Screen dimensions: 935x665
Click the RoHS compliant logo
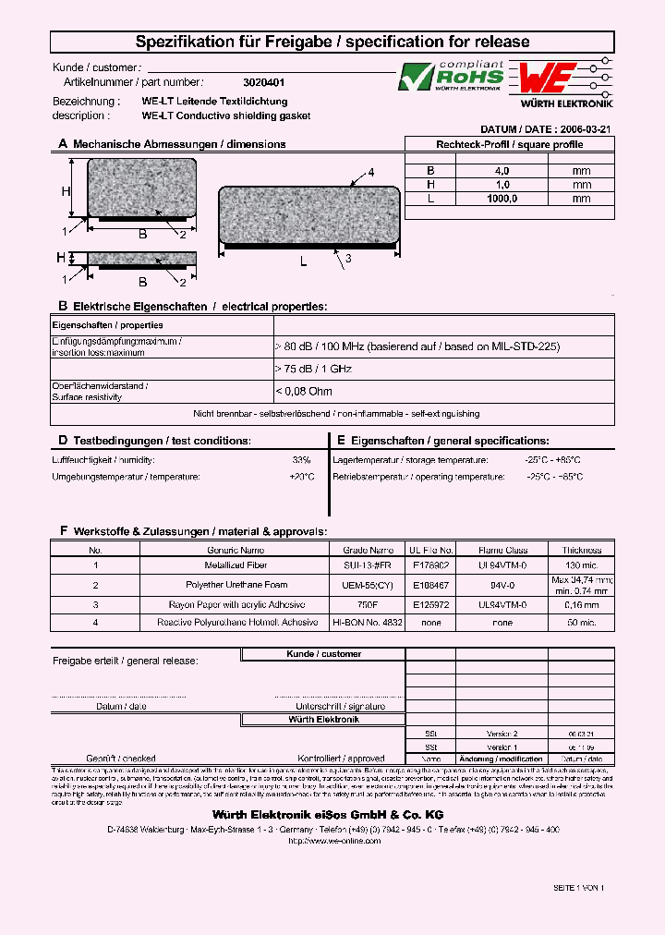452,77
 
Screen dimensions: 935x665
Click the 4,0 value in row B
502,171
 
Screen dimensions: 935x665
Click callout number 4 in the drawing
371,173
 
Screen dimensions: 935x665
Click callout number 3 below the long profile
348,259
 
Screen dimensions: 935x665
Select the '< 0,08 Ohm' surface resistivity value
304,392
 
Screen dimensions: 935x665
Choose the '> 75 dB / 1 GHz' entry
313,369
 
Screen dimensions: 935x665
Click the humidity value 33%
301,459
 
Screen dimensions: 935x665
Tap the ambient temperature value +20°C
301,477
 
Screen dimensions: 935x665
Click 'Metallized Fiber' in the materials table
236,564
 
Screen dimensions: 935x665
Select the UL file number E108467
432,585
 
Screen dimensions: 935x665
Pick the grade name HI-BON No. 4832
368,623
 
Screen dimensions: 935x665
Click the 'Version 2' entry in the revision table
502,732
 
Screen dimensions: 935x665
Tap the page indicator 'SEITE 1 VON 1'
578,887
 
